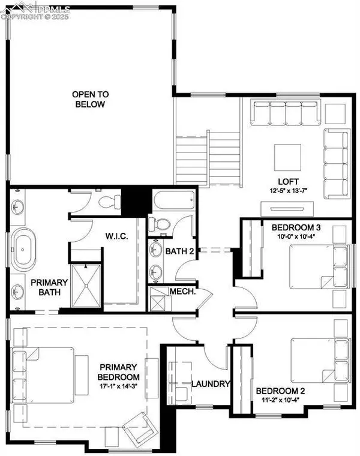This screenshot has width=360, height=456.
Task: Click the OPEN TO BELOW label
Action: [x=88, y=99]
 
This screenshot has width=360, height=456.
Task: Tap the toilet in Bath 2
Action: [x=160, y=224]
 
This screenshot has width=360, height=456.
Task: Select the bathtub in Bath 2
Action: [x=172, y=200]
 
